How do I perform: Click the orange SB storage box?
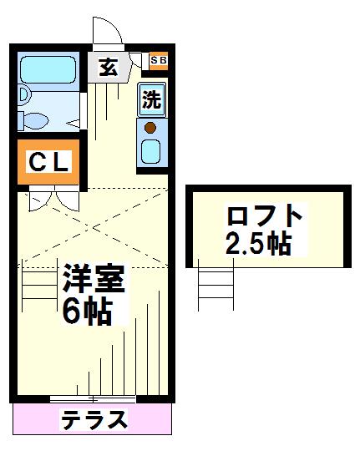(159, 61)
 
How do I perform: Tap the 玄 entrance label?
(109, 68)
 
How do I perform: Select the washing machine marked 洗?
(152, 99)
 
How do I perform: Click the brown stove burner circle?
(150, 128)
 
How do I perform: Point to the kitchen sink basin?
(150, 151)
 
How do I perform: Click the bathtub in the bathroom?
(48, 70)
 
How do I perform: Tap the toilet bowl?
(35, 120)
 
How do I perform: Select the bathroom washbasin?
(24, 94)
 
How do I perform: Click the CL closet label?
(49, 162)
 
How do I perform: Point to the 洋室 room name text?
(94, 278)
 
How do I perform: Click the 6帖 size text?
(87, 310)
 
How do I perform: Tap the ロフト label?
(265, 215)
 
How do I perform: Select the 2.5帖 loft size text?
(258, 244)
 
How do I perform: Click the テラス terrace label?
(94, 419)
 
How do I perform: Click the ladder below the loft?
(215, 285)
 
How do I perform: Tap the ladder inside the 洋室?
(40, 286)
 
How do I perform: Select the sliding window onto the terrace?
(93, 399)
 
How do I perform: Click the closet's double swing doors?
(54, 199)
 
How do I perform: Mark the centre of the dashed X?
(94, 227)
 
